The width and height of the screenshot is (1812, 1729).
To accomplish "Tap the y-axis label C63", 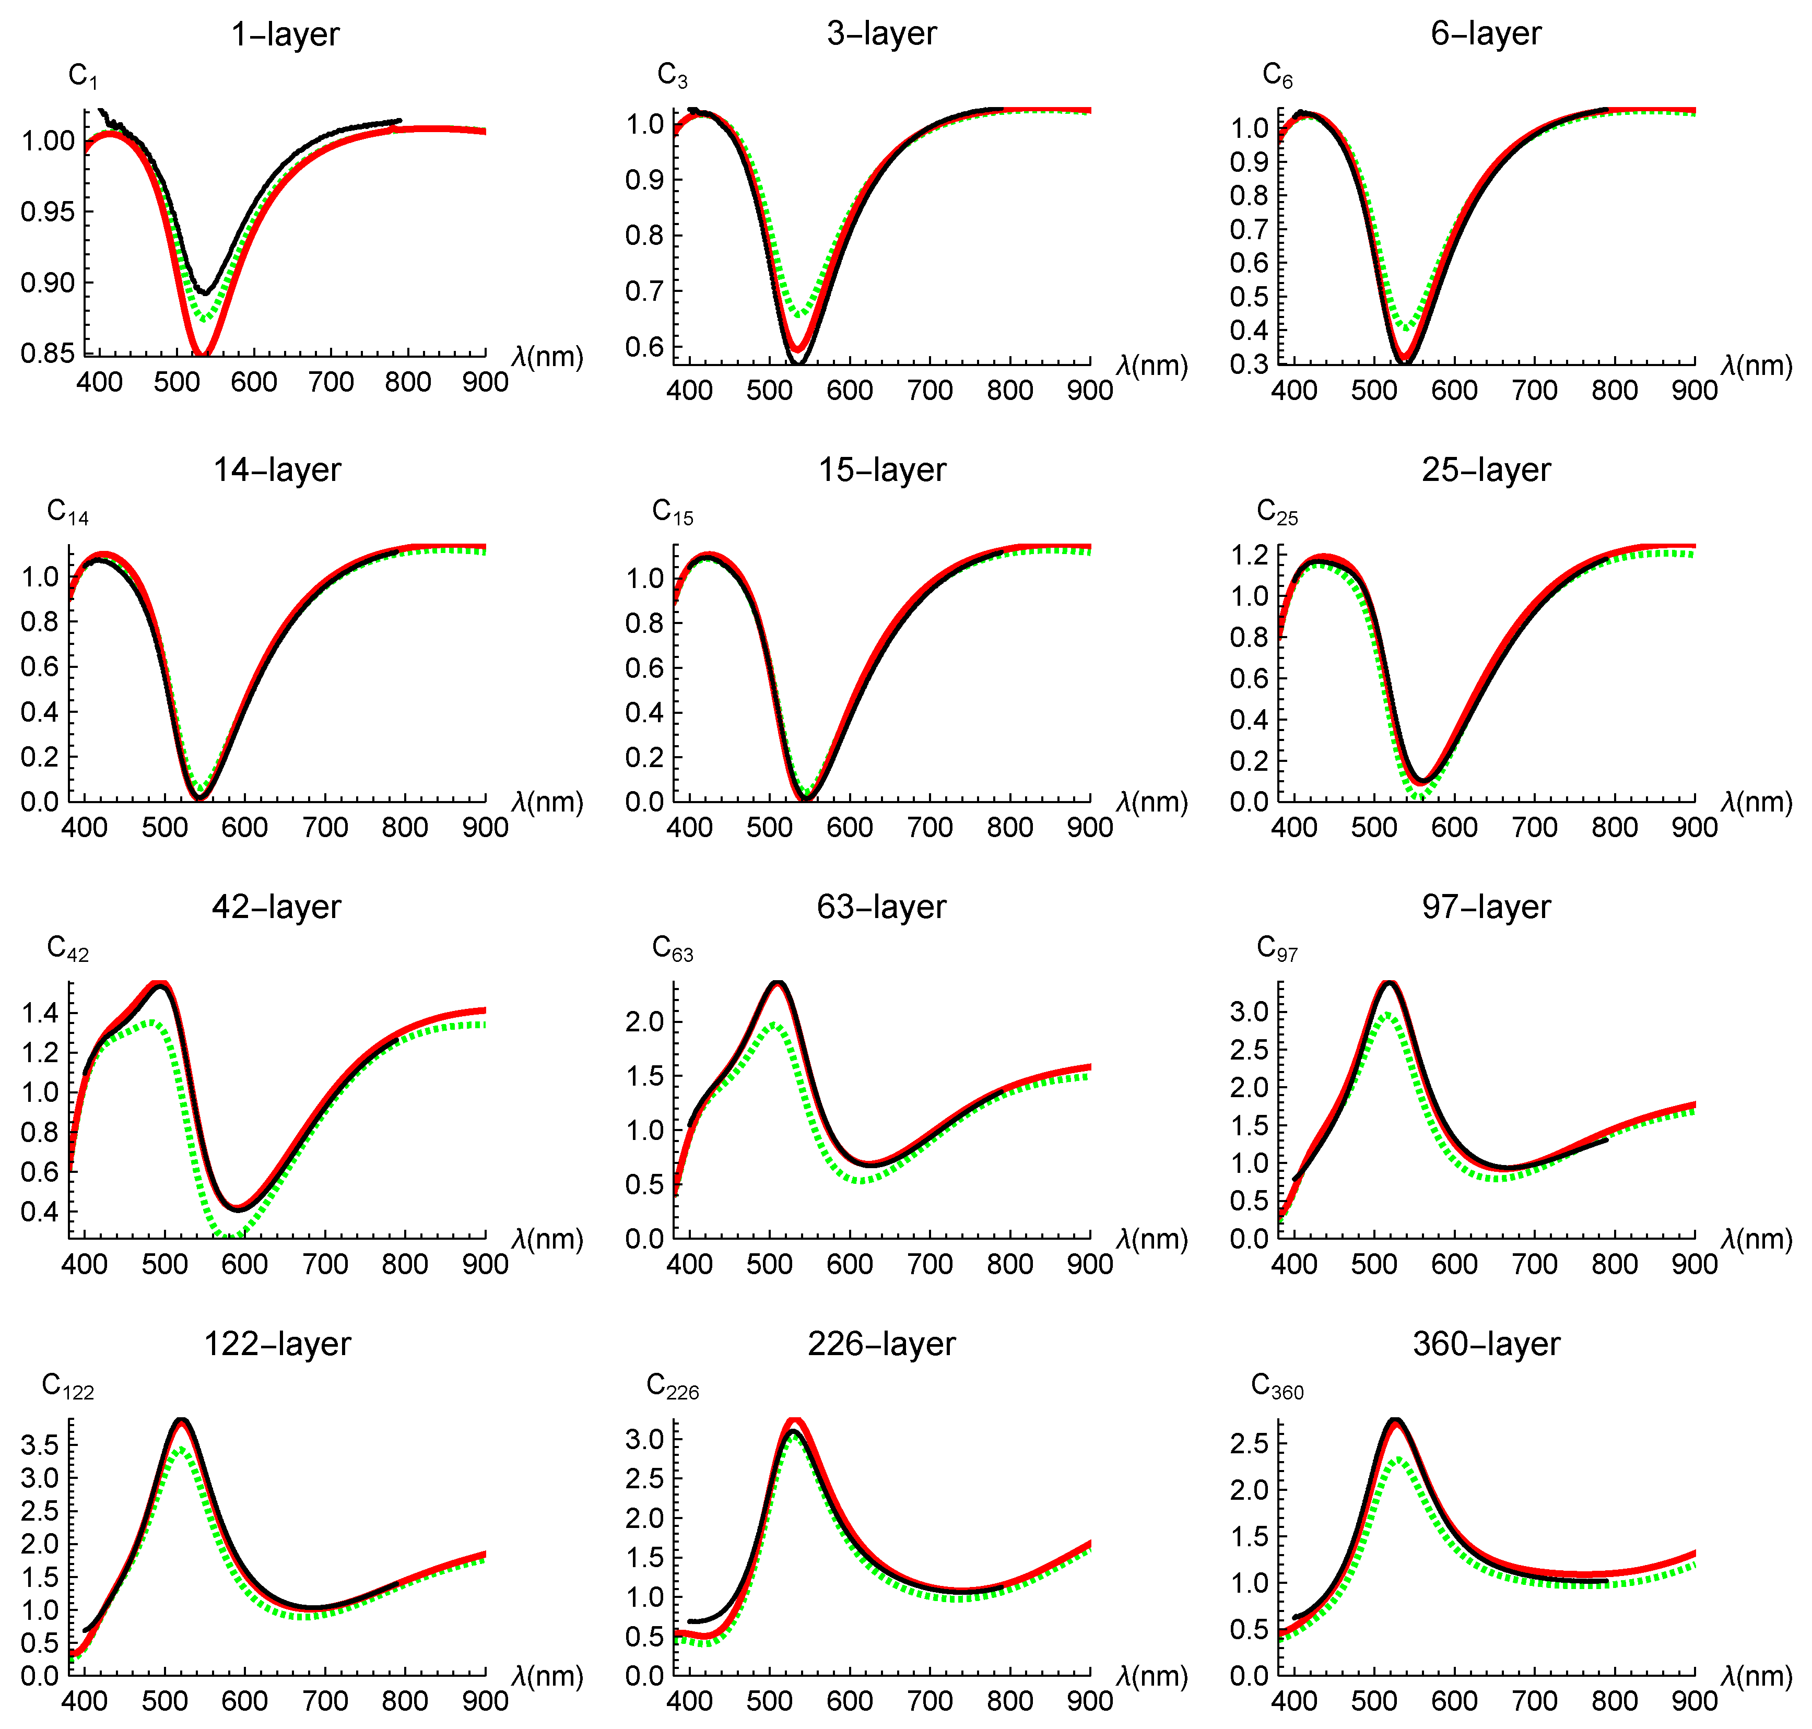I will pos(672,948).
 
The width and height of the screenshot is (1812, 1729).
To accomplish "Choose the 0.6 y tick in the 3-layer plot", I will pos(644,347).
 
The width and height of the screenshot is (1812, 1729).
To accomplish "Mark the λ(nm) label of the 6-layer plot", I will pos(1756,366).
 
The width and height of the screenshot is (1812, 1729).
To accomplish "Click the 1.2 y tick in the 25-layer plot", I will pos(1249,555).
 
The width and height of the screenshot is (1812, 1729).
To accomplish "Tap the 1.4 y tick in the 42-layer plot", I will pos(40,1014).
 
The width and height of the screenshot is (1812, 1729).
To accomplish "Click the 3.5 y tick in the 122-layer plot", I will pos(40,1445).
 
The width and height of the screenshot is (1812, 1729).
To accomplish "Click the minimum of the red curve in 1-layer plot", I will pos(203,353).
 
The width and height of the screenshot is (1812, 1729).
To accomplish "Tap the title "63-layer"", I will pos(881,907).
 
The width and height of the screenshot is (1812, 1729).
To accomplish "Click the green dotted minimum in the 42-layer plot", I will pos(229,1234).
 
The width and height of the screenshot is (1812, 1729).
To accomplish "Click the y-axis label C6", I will pos(1277,75).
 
